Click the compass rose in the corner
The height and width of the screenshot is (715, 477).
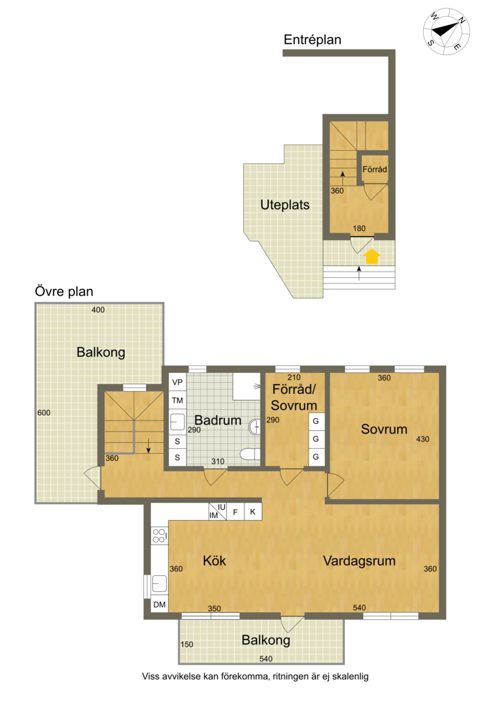[x=446, y=31]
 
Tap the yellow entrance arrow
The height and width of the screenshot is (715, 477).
[x=372, y=257]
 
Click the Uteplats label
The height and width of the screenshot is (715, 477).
[x=284, y=205]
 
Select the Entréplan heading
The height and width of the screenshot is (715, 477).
[x=312, y=40]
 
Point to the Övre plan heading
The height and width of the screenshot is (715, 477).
[x=64, y=291]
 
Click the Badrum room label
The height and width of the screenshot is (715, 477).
[x=218, y=420]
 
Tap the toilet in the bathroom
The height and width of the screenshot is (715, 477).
[x=250, y=454]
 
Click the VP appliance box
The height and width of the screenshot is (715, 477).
[x=177, y=382]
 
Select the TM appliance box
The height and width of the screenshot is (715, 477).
[x=177, y=400]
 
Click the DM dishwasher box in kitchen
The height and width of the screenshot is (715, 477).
[x=160, y=605]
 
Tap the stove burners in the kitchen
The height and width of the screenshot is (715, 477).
[x=159, y=536]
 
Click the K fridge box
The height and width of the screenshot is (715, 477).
[x=253, y=512]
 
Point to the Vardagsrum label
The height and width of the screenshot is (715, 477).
[x=360, y=561]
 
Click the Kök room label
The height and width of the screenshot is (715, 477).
[x=214, y=561]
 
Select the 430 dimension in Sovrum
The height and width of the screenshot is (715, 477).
[x=423, y=439]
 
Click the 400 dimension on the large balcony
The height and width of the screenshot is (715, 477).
[x=98, y=310]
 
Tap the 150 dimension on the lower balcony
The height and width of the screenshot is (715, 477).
[x=186, y=644]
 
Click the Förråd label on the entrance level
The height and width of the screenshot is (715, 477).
[x=374, y=169]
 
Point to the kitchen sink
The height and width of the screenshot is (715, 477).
[x=159, y=583]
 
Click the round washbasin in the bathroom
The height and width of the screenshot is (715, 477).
[x=254, y=427]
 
